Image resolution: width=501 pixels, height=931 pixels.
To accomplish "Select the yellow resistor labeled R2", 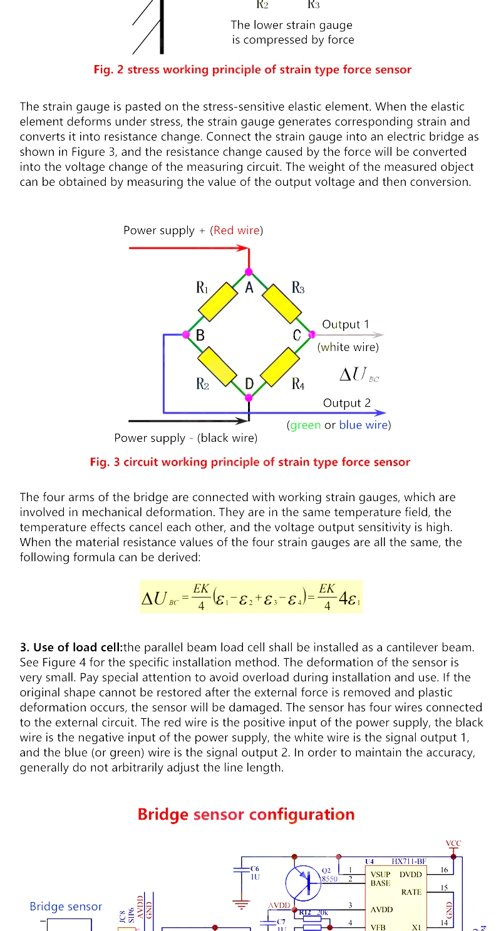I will pyautogui.click(x=217, y=367).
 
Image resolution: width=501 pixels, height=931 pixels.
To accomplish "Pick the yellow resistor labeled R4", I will pyautogui.click(x=279, y=367).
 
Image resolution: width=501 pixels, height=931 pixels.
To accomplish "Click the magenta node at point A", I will pyautogui.click(x=249, y=272).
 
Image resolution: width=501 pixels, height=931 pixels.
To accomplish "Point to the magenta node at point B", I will pyautogui.click(x=186, y=335).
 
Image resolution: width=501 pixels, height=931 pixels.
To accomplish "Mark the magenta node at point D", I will pyautogui.click(x=249, y=397).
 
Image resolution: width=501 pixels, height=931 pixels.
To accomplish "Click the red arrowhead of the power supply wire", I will pyautogui.click(x=243, y=248).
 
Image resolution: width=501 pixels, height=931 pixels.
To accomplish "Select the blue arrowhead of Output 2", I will pyautogui.click(x=380, y=413).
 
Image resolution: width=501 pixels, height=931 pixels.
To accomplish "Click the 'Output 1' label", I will pyautogui.click(x=346, y=324).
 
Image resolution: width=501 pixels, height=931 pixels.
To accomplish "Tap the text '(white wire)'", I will pyautogui.click(x=348, y=347).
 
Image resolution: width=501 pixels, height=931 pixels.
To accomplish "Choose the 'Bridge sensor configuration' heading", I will pyautogui.click(x=246, y=814).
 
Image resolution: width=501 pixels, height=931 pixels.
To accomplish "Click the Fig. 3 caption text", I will pyautogui.click(x=250, y=462).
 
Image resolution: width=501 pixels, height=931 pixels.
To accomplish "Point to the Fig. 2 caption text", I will pyautogui.click(x=252, y=69).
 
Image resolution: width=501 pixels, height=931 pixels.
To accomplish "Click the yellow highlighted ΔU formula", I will pyautogui.click(x=252, y=596).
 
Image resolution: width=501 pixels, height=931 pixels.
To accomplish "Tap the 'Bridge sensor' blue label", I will pyautogui.click(x=66, y=907).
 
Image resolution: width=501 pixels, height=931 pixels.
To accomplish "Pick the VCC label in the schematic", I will pyautogui.click(x=453, y=843).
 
